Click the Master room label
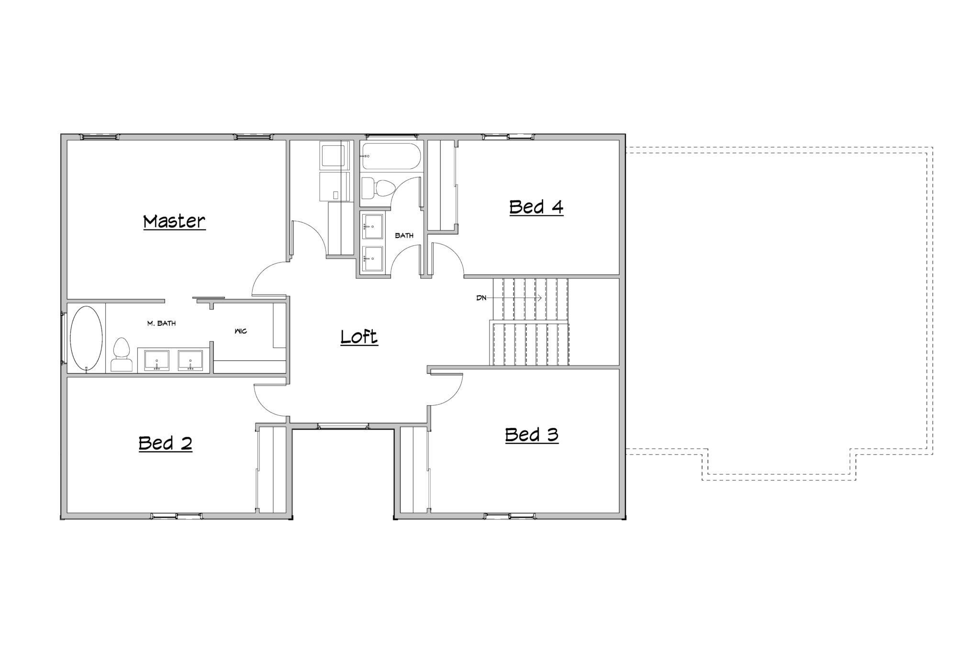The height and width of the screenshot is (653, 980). [174, 221]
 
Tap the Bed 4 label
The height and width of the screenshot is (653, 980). [536, 207]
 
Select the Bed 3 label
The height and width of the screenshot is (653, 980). [532, 435]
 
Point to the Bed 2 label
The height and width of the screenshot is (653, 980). [165, 443]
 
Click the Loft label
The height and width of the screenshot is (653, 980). [359, 337]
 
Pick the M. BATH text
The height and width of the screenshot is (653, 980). [161, 323]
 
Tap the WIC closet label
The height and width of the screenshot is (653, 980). [241, 331]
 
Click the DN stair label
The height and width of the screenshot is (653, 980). [481, 298]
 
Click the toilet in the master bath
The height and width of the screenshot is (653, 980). [122, 354]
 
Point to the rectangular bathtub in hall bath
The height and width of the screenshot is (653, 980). [391, 156]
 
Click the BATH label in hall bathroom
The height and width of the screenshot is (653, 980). [404, 235]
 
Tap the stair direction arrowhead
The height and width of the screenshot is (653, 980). [539, 298]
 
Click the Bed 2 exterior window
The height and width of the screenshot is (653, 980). [176, 516]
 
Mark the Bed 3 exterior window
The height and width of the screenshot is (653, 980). [509, 516]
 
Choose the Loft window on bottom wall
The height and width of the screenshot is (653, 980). [343, 426]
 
